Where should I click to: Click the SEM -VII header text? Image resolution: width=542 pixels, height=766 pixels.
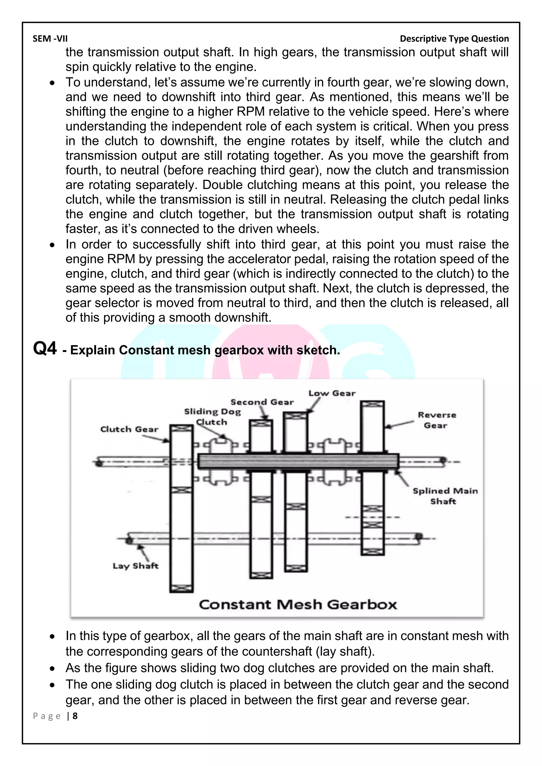pos(50,39)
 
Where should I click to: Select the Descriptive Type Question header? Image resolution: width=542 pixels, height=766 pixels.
pos(454,39)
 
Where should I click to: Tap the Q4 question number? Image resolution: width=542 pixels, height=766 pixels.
pos(45,349)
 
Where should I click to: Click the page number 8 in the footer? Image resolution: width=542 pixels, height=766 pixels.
pos(75,716)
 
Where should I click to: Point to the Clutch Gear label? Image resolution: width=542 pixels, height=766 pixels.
pos(129,429)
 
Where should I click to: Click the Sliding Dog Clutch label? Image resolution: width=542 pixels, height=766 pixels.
pos(212,417)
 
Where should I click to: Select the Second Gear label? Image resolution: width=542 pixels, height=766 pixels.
pos(262,402)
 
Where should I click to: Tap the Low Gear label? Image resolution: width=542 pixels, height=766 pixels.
pos(332,393)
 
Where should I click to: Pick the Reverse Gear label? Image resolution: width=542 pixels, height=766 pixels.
pos(436,420)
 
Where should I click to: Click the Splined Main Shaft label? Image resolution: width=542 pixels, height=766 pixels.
pos(445,496)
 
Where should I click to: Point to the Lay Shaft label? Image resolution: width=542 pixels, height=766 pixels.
pos(135,566)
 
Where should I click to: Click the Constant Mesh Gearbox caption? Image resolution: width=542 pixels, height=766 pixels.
pos(298,605)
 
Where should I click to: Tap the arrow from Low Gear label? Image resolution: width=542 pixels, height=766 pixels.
pos(314,405)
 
